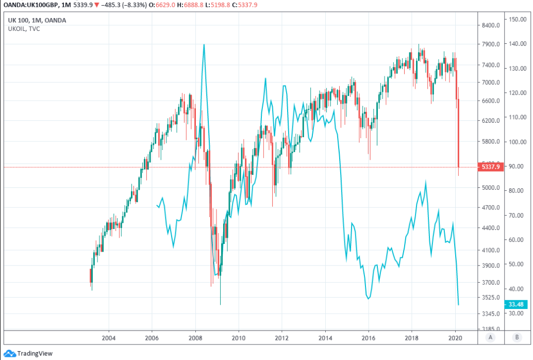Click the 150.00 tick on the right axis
click(x=517, y=19)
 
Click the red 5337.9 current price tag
click(x=490, y=167)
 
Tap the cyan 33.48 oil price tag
click(x=516, y=304)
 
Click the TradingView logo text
click(x=35, y=354)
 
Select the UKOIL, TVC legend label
click(x=24, y=29)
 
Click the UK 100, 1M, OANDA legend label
click(x=37, y=21)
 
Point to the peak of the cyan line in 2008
click(x=204, y=44)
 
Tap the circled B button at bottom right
click(x=517, y=338)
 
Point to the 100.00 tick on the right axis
click(x=517, y=142)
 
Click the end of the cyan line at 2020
click(x=459, y=304)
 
